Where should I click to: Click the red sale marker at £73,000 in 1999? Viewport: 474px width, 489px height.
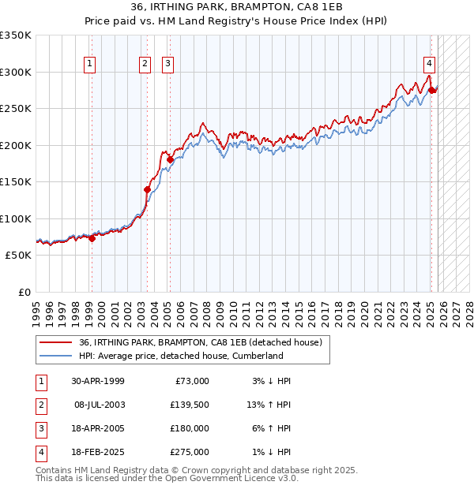pyautogui.click(x=92, y=239)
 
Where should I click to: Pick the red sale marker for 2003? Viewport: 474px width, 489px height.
pyautogui.click(x=147, y=189)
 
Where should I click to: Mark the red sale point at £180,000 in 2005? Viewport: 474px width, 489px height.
pyautogui.click(x=170, y=160)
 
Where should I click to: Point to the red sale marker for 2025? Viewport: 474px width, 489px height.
pyautogui.click(x=431, y=90)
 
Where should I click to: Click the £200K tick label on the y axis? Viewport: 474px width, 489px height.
pyautogui.click(x=16, y=145)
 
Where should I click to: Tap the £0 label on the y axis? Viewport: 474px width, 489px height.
pyautogui.click(x=25, y=293)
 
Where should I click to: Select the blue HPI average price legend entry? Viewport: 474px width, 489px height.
pyautogui.click(x=181, y=356)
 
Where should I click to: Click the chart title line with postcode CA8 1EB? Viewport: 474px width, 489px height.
pyautogui.click(x=237, y=8)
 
